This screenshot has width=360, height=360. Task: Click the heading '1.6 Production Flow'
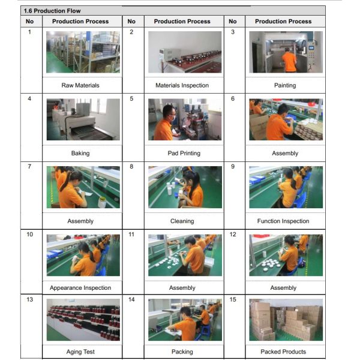click(52, 11)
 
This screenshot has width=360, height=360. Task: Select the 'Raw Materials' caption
click(80, 85)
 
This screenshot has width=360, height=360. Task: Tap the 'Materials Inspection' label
click(182, 85)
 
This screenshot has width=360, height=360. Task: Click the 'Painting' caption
click(285, 85)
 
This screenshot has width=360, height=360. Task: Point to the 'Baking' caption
click(80, 153)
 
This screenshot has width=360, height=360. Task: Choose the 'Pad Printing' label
click(184, 153)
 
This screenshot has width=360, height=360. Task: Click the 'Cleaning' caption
click(182, 221)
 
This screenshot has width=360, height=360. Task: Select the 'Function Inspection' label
click(283, 221)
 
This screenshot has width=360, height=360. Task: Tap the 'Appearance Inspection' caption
click(80, 287)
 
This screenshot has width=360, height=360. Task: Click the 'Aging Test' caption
click(80, 352)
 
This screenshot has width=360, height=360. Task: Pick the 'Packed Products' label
click(283, 352)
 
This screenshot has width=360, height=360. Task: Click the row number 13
click(29, 299)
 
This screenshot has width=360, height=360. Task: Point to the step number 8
click(131, 166)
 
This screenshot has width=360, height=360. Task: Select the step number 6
click(233, 99)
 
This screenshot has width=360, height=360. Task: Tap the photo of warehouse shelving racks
click(83, 52)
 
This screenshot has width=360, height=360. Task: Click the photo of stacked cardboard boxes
click(286, 320)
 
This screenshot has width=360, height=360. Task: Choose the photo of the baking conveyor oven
click(83, 119)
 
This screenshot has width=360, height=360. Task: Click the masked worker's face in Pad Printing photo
click(171, 113)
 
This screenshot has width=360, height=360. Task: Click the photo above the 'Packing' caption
click(185, 320)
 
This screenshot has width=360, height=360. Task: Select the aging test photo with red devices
click(83, 320)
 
